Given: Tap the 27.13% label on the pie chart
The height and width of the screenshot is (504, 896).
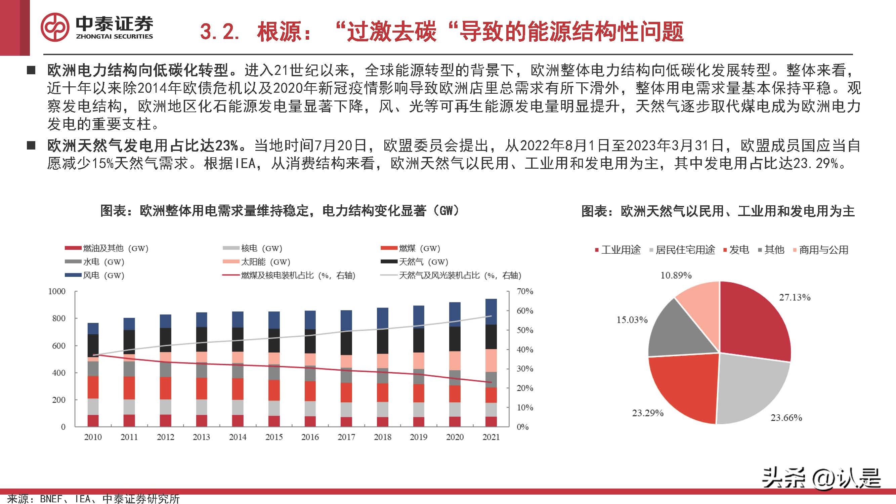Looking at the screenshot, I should click(795, 297).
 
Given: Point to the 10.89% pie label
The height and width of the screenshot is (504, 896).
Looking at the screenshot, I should click(676, 276).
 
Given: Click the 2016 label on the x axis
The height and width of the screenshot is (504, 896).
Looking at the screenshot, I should click(310, 437).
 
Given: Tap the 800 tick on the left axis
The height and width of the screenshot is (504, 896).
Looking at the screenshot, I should click(58, 318).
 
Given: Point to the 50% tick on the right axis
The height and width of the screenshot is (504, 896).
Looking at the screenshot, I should click(525, 330).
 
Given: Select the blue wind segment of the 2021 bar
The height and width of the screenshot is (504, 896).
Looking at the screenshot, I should click(491, 312).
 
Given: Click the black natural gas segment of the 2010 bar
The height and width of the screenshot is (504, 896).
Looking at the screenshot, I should click(93, 345).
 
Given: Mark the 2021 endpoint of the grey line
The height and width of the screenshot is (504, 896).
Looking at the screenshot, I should click(491, 316).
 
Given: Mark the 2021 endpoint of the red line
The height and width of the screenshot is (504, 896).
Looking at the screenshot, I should click(491, 382).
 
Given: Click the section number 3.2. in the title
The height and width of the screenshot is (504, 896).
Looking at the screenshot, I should click(219, 32).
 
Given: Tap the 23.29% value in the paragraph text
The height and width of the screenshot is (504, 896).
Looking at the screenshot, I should click(815, 163).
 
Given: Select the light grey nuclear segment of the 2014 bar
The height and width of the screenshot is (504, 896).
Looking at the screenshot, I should click(238, 407).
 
